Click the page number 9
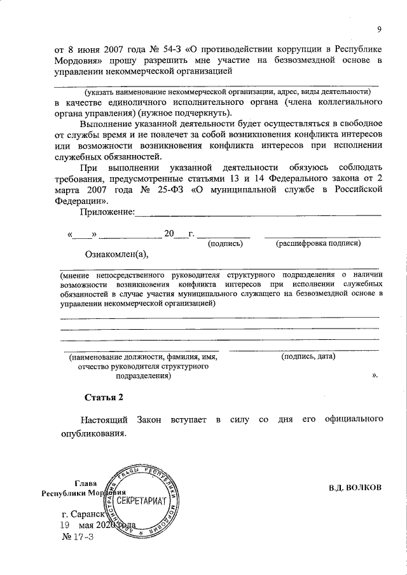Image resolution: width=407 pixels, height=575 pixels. click(379, 29)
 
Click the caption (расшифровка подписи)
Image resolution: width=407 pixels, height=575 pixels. click(318, 243)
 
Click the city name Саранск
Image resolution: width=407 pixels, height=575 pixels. click(93, 514)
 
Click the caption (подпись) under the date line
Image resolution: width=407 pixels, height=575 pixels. click(226, 243)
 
